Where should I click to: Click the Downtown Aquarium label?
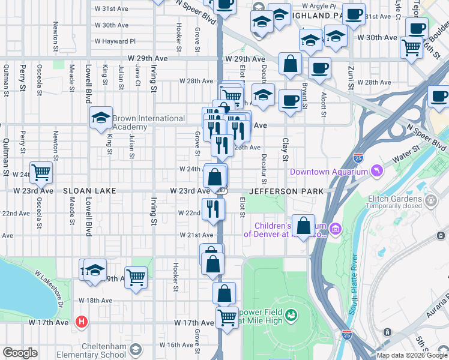click(x=328, y=172)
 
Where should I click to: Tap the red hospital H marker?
click(x=82, y=322)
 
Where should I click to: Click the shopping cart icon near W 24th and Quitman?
click(x=41, y=173)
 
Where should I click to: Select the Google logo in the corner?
click(x=20, y=353)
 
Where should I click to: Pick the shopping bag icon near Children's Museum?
click(x=304, y=227)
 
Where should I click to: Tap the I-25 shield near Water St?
click(x=358, y=158)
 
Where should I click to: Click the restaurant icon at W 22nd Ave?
click(x=213, y=209)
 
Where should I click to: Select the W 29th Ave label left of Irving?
click(x=148, y=59)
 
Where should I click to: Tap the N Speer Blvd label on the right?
click(x=427, y=137)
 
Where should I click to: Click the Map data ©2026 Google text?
click(x=412, y=355)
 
